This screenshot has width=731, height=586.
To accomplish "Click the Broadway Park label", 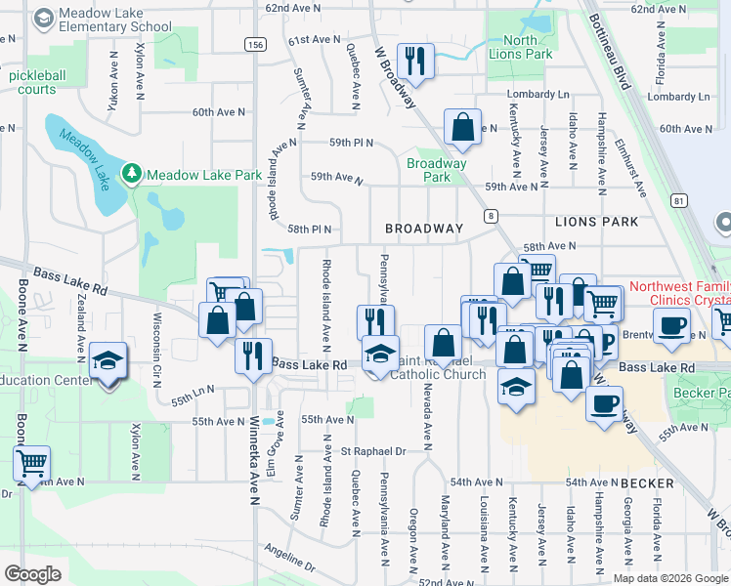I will [x=436, y=170].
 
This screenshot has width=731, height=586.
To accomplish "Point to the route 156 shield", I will [x=255, y=45].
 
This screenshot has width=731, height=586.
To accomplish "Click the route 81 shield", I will [x=677, y=200].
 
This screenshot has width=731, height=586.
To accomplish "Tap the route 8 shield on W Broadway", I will [x=491, y=216].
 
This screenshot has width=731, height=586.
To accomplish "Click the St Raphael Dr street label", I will [x=373, y=452].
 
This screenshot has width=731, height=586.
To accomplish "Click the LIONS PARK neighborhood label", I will [x=596, y=222].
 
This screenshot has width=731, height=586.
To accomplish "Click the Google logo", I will [x=33, y=574].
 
